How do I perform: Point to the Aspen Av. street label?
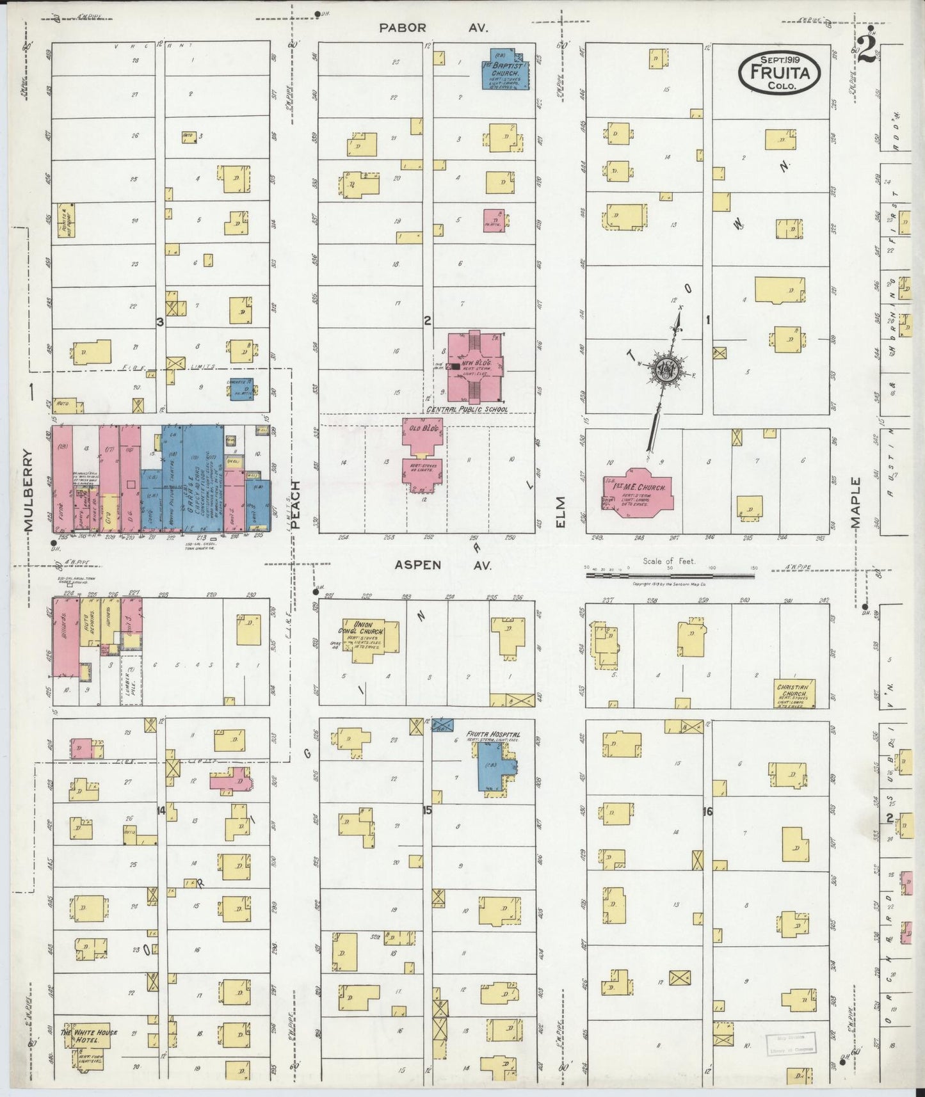pos(442,565)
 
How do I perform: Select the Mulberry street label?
pos(28,490)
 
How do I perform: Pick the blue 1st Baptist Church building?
pos(505,70)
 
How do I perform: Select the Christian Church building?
pos(794,694)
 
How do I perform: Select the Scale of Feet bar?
pos(670,575)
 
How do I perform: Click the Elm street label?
pos(561,511)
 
